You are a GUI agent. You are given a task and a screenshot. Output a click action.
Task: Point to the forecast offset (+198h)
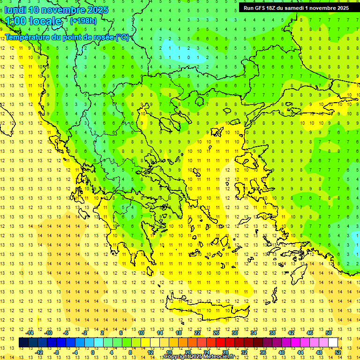pos(83,21)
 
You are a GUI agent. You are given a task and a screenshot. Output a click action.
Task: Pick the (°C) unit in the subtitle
pos(122,37)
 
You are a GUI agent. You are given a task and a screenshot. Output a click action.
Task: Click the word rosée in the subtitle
pos(101,37)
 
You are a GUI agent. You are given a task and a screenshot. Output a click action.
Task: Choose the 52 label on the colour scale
pos(338,352)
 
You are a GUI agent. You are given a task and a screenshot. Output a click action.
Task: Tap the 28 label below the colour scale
pos(225,352)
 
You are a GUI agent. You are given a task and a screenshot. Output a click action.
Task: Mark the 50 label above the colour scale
pos(329,332)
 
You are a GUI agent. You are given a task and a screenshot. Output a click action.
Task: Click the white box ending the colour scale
pos(333,343)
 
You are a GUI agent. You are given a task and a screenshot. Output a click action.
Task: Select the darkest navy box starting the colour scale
pos(23,343)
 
